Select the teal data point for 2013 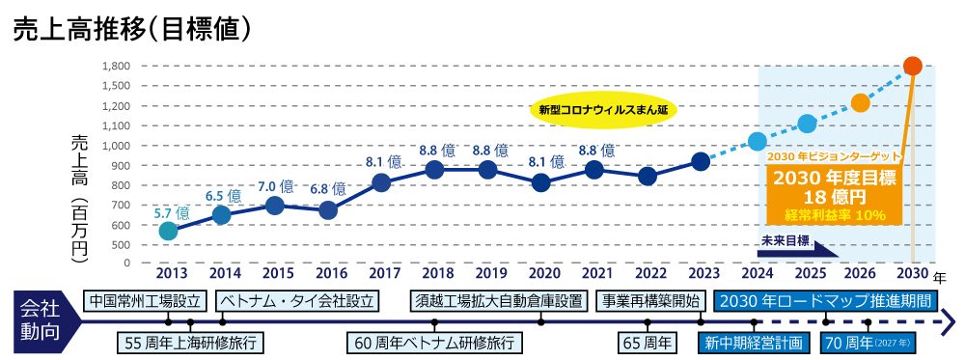168,231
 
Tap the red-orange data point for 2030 913,66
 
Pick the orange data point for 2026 861,103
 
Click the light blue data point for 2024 758,142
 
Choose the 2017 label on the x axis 382,273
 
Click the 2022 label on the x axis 648,273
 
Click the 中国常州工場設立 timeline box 145,300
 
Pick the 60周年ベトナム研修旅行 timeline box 434,343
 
